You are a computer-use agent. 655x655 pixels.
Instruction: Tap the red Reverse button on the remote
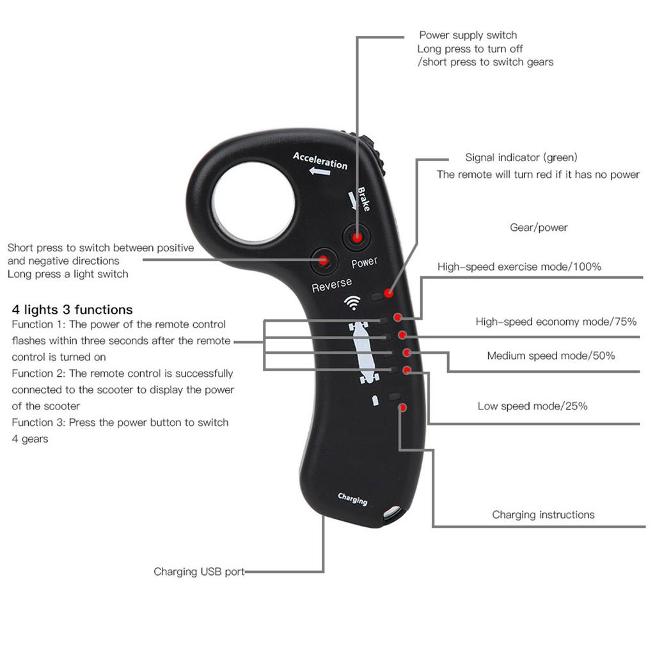coord(324,260)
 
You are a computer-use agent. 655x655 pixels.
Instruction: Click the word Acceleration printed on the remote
coord(320,160)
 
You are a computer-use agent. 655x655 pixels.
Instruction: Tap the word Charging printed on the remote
coord(352,499)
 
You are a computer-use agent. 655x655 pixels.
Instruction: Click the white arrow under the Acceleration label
coord(319,171)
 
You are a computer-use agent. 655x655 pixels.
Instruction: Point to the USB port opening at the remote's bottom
coord(391,513)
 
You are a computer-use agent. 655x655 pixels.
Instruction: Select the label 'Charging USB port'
coord(199,572)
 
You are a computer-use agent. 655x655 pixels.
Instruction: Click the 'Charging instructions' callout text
coord(543,515)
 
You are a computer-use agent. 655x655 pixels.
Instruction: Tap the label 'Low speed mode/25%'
coord(532,406)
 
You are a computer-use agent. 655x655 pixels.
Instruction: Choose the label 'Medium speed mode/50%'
coord(551,356)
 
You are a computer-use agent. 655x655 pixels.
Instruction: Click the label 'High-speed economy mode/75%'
coord(556,322)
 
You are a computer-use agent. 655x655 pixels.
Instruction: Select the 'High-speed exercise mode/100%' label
coord(519,267)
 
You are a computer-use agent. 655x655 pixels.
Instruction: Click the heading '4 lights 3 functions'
coord(72,310)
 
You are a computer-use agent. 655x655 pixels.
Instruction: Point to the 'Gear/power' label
coord(539,228)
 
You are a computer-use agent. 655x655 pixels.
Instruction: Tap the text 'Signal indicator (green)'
coord(521,157)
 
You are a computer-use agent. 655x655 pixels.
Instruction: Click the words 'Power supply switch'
coord(468,35)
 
